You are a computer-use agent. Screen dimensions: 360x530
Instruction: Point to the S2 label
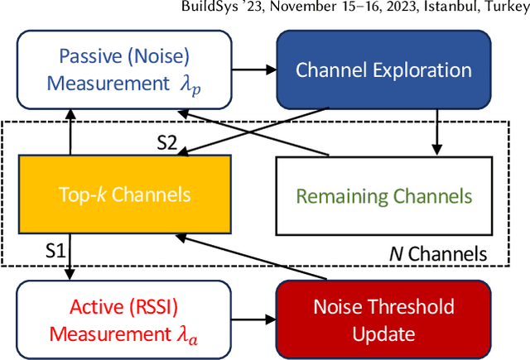click(x=168, y=142)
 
